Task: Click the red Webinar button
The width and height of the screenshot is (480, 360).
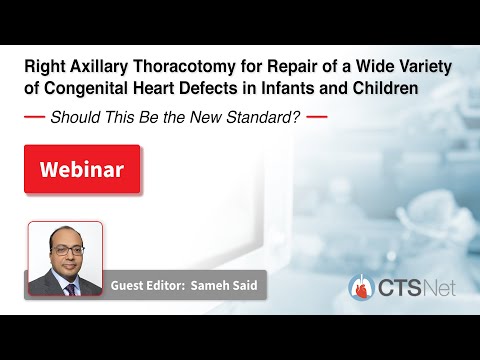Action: coord(81,169)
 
